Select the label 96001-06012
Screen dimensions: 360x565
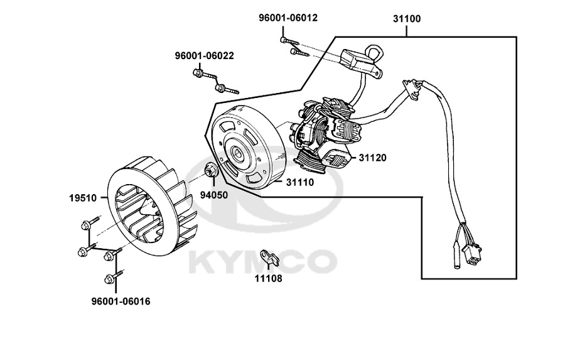click(x=288, y=18)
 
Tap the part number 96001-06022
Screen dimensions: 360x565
click(x=204, y=56)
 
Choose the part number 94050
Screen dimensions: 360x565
click(x=213, y=194)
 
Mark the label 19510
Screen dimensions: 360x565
click(x=82, y=198)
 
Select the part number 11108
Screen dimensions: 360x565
click(x=268, y=278)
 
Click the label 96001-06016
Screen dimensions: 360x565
click(x=121, y=302)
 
